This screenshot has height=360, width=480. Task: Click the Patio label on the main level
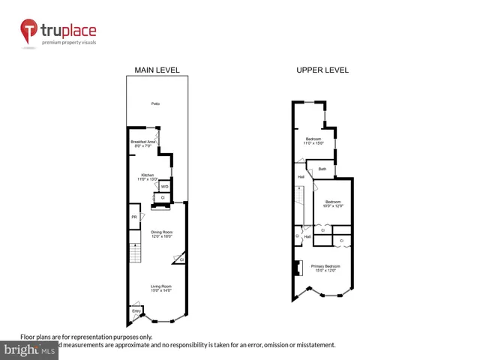click(x=156, y=103)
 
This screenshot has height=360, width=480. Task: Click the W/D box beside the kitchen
click(x=164, y=186)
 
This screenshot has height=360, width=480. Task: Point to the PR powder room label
click(x=134, y=217)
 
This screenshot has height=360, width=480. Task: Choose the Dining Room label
click(x=162, y=234)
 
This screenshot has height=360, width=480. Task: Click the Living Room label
click(x=161, y=288)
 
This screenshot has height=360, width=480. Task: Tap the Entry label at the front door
click(x=136, y=310)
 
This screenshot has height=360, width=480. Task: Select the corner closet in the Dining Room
click(x=181, y=259)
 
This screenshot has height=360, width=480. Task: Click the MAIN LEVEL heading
click(x=157, y=70)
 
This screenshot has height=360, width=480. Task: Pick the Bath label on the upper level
click(x=322, y=169)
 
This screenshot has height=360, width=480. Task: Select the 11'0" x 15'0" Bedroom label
click(x=313, y=141)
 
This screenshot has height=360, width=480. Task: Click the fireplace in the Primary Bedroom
click(x=298, y=268)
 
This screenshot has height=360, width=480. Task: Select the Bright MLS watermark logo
click(x=29, y=350)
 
